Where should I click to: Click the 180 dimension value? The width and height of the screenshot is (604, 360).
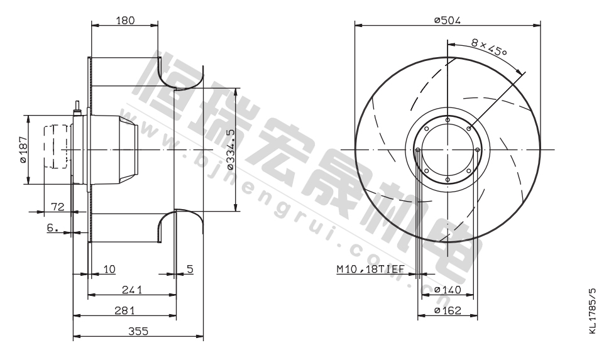tap(126, 20)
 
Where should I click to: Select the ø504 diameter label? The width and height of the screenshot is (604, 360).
tap(448, 20)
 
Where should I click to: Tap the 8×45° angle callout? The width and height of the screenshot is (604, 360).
tap(489, 47)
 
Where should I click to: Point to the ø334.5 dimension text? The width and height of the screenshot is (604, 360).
tap(231, 150)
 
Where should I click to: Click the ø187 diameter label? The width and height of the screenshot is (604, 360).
tap(23, 150)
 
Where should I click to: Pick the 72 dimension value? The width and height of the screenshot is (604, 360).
tap(58, 207)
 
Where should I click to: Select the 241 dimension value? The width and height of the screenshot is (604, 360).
tap(132, 290)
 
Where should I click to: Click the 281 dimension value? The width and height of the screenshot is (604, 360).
tap(124, 310)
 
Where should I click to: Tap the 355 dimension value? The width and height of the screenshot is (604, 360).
tap(138, 331)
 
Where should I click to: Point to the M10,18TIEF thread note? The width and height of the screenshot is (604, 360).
tap(371, 269)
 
